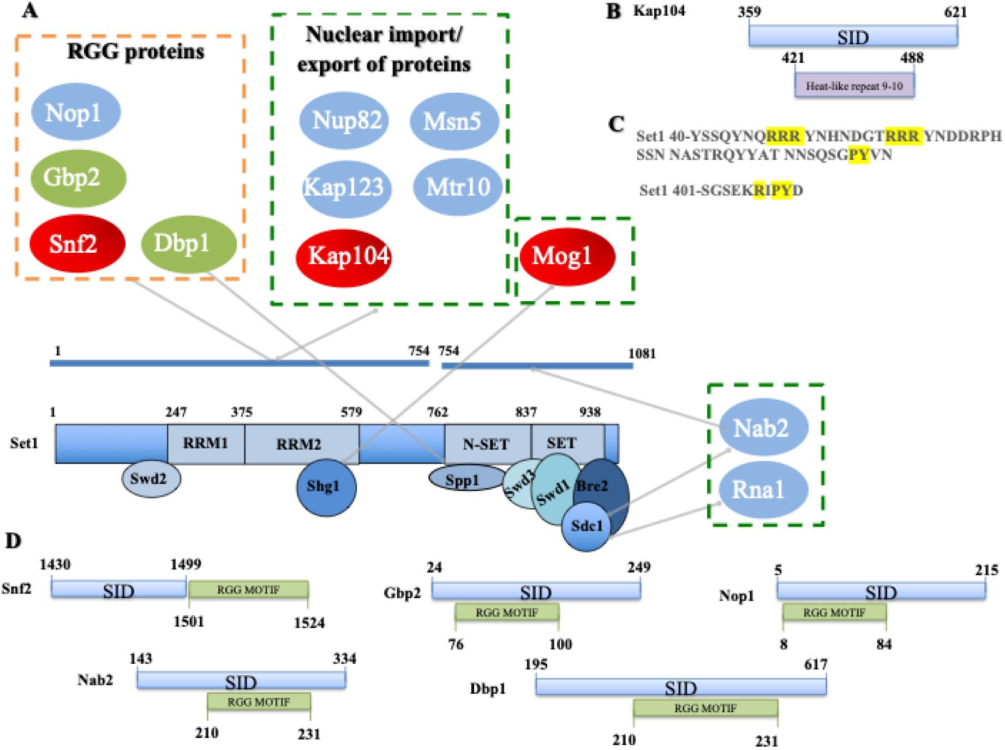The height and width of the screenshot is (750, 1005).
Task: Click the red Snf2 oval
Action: click(x=77, y=243)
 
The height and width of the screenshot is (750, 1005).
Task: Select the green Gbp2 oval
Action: click(x=78, y=178)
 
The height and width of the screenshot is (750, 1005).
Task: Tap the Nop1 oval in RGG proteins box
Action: click(x=75, y=112)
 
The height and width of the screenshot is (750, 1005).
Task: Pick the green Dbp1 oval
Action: click(x=188, y=243)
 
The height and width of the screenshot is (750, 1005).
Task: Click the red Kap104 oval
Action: click(x=344, y=257)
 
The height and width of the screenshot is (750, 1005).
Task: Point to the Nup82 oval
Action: click(x=344, y=121)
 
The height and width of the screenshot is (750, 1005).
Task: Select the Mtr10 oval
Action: click(x=457, y=187)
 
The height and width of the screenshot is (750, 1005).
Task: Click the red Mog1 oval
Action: click(x=566, y=256)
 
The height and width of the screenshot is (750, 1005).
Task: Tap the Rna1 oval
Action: click(x=763, y=490)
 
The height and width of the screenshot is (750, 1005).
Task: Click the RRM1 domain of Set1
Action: click(x=206, y=444)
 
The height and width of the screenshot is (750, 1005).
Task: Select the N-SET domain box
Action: click(x=487, y=444)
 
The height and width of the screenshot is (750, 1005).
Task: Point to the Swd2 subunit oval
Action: click(x=151, y=479)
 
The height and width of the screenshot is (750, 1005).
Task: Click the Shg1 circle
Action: click(x=326, y=486)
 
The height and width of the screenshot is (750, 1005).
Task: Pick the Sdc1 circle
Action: click(x=586, y=526)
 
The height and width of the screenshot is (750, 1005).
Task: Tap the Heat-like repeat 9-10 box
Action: click(x=854, y=86)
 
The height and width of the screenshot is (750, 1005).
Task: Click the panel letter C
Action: click(x=616, y=124)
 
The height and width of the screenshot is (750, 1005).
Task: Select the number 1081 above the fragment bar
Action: click(x=642, y=354)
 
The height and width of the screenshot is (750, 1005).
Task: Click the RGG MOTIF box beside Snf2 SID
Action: click(x=248, y=590)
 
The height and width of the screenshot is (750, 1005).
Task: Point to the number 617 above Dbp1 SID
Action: click(x=815, y=664)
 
